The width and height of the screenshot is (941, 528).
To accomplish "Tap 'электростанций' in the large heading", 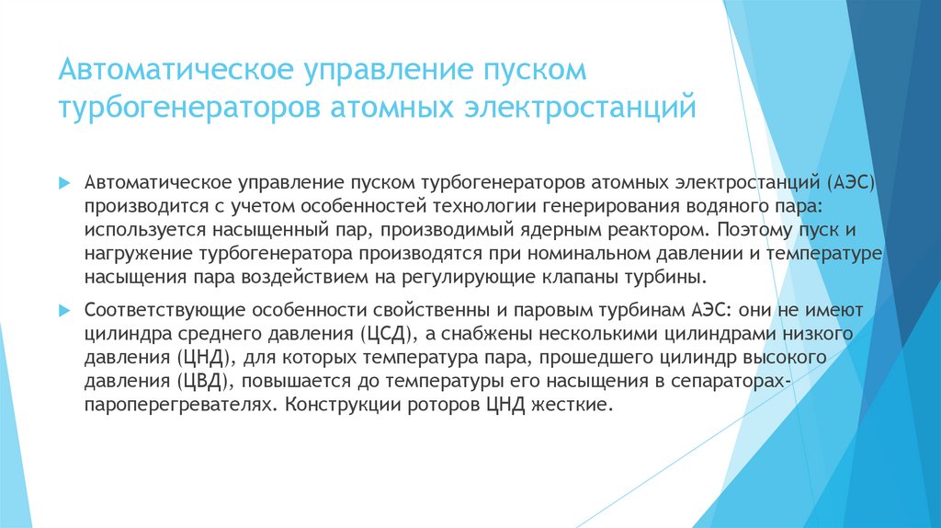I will pyautogui.click(x=578, y=107).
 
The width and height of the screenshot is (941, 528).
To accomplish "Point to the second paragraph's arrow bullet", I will pyautogui.click(x=63, y=307).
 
